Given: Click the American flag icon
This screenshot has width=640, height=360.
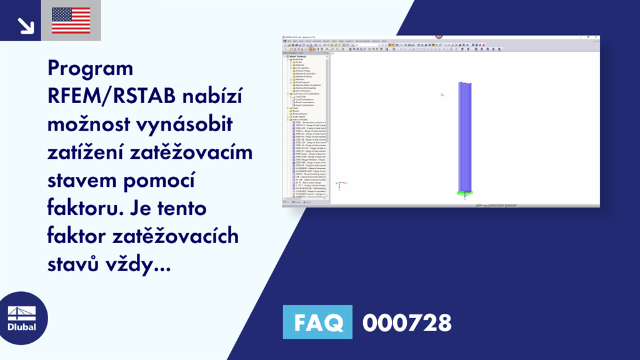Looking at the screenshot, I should pyautogui.click(x=71, y=20).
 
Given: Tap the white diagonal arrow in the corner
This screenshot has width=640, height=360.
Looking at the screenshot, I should pyautogui.click(x=25, y=24).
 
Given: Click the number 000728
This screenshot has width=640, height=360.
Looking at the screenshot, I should pyautogui.click(x=406, y=323).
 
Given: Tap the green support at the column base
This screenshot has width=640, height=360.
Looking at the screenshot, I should pyautogui.click(x=464, y=193).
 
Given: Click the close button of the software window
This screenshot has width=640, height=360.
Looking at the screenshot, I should pyautogui.click(x=596, y=38).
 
